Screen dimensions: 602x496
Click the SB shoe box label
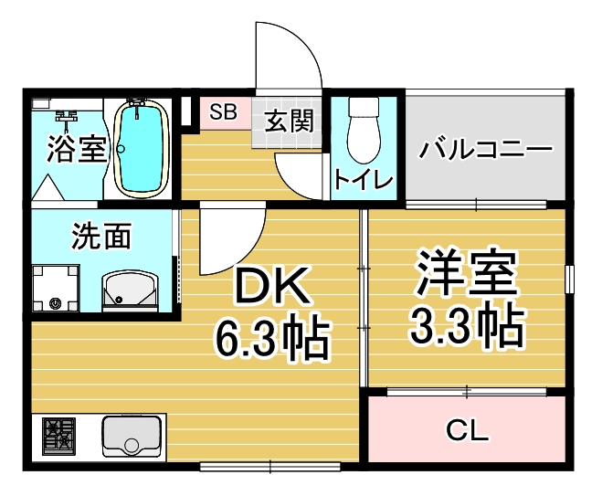pyautogui.click(x=223, y=111)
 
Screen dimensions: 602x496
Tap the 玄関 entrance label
pyautogui.click(x=289, y=121)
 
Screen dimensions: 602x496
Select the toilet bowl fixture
pyautogui.click(x=364, y=130)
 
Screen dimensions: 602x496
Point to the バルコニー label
pyautogui.click(x=485, y=149)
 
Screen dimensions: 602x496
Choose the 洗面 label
pyautogui.click(x=101, y=236)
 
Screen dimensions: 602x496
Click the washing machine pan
pyautogui.click(x=56, y=288)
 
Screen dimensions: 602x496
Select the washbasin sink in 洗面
pyautogui.click(x=130, y=291)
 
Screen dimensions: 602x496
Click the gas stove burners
pyautogui.click(x=59, y=434)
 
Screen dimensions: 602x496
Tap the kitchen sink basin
pyautogui.click(x=132, y=436)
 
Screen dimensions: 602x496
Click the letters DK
pyautogui.click(x=272, y=285)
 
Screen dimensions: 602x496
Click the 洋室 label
pyautogui.click(x=467, y=272)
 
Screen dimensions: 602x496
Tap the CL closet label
pyautogui.click(x=467, y=430)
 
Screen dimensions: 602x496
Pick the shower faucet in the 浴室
pyautogui.click(x=66, y=116)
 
